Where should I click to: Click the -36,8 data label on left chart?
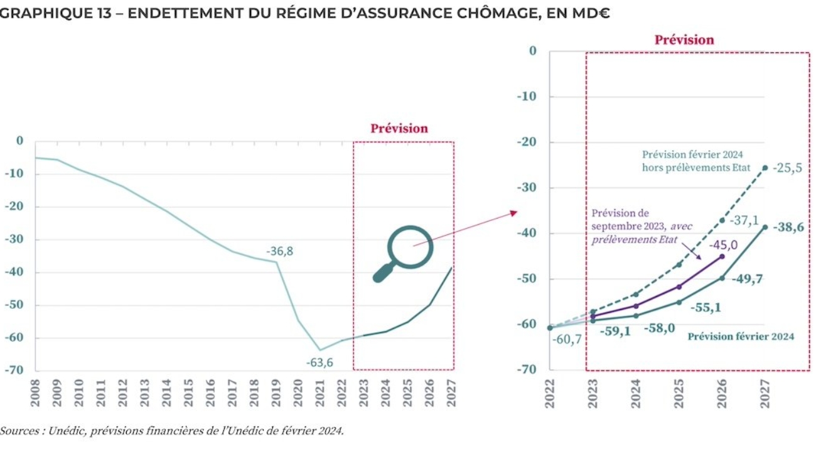279,251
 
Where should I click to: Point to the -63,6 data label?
319,362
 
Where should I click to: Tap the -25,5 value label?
787,168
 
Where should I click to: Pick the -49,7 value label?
747,279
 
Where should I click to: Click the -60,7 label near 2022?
567,340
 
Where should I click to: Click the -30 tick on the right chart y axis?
527,188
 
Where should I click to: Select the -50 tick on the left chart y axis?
13,305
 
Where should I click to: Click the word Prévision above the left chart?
399,129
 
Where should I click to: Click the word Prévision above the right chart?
684,40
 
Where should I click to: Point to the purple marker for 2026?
722,256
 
